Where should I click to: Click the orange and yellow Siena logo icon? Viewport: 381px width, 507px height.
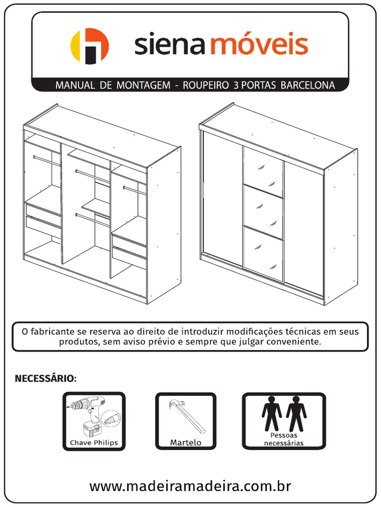pyautogui.click(x=89, y=46)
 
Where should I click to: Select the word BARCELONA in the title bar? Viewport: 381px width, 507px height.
pyautogui.click(x=308, y=85)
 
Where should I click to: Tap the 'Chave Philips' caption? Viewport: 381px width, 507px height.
pyautogui.click(x=94, y=443)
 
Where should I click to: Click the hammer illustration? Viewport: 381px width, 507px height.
pyautogui.click(x=186, y=415)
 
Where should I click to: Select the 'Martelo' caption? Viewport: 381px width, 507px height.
pyautogui.click(x=186, y=443)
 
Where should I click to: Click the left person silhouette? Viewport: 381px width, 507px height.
pyautogui.click(x=271, y=413)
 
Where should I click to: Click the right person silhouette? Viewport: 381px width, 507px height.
pyautogui.click(x=296, y=413)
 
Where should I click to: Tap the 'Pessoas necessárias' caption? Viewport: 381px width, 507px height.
pyautogui.click(x=284, y=439)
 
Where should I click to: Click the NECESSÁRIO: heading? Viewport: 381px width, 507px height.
pyautogui.click(x=46, y=379)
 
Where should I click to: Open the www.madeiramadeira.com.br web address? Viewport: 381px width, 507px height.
pyautogui.click(x=190, y=486)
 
